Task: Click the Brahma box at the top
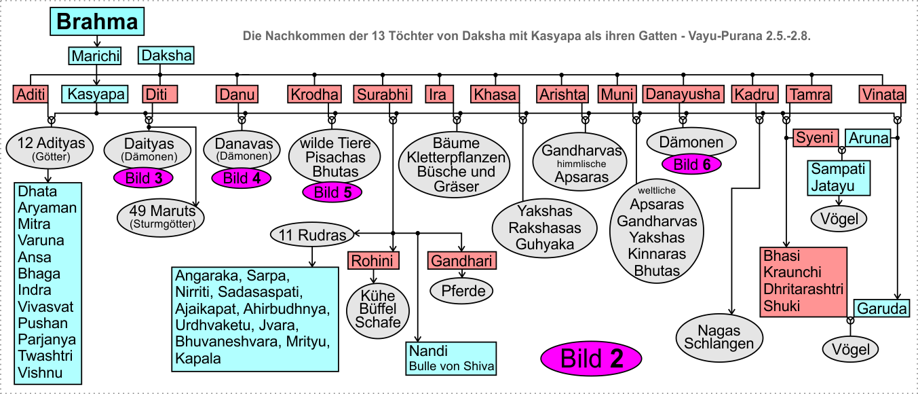(x=97, y=21)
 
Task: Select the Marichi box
(x=95, y=56)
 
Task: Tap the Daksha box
(x=166, y=56)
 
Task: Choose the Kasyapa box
(x=95, y=94)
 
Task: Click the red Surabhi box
(x=383, y=94)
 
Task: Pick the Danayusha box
(x=683, y=94)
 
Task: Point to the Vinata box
(x=883, y=94)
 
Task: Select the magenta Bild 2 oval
(x=591, y=359)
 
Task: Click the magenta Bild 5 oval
(x=332, y=192)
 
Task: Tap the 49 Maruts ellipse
(x=161, y=217)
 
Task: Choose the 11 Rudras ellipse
(x=312, y=235)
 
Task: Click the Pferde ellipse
(x=461, y=291)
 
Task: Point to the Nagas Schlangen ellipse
(x=719, y=338)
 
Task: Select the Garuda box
(x=882, y=308)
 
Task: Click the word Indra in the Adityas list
(x=35, y=290)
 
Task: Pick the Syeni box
(x=816, y=138)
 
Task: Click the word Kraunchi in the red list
(x=792, y=272)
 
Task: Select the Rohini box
(x=373, y=261)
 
